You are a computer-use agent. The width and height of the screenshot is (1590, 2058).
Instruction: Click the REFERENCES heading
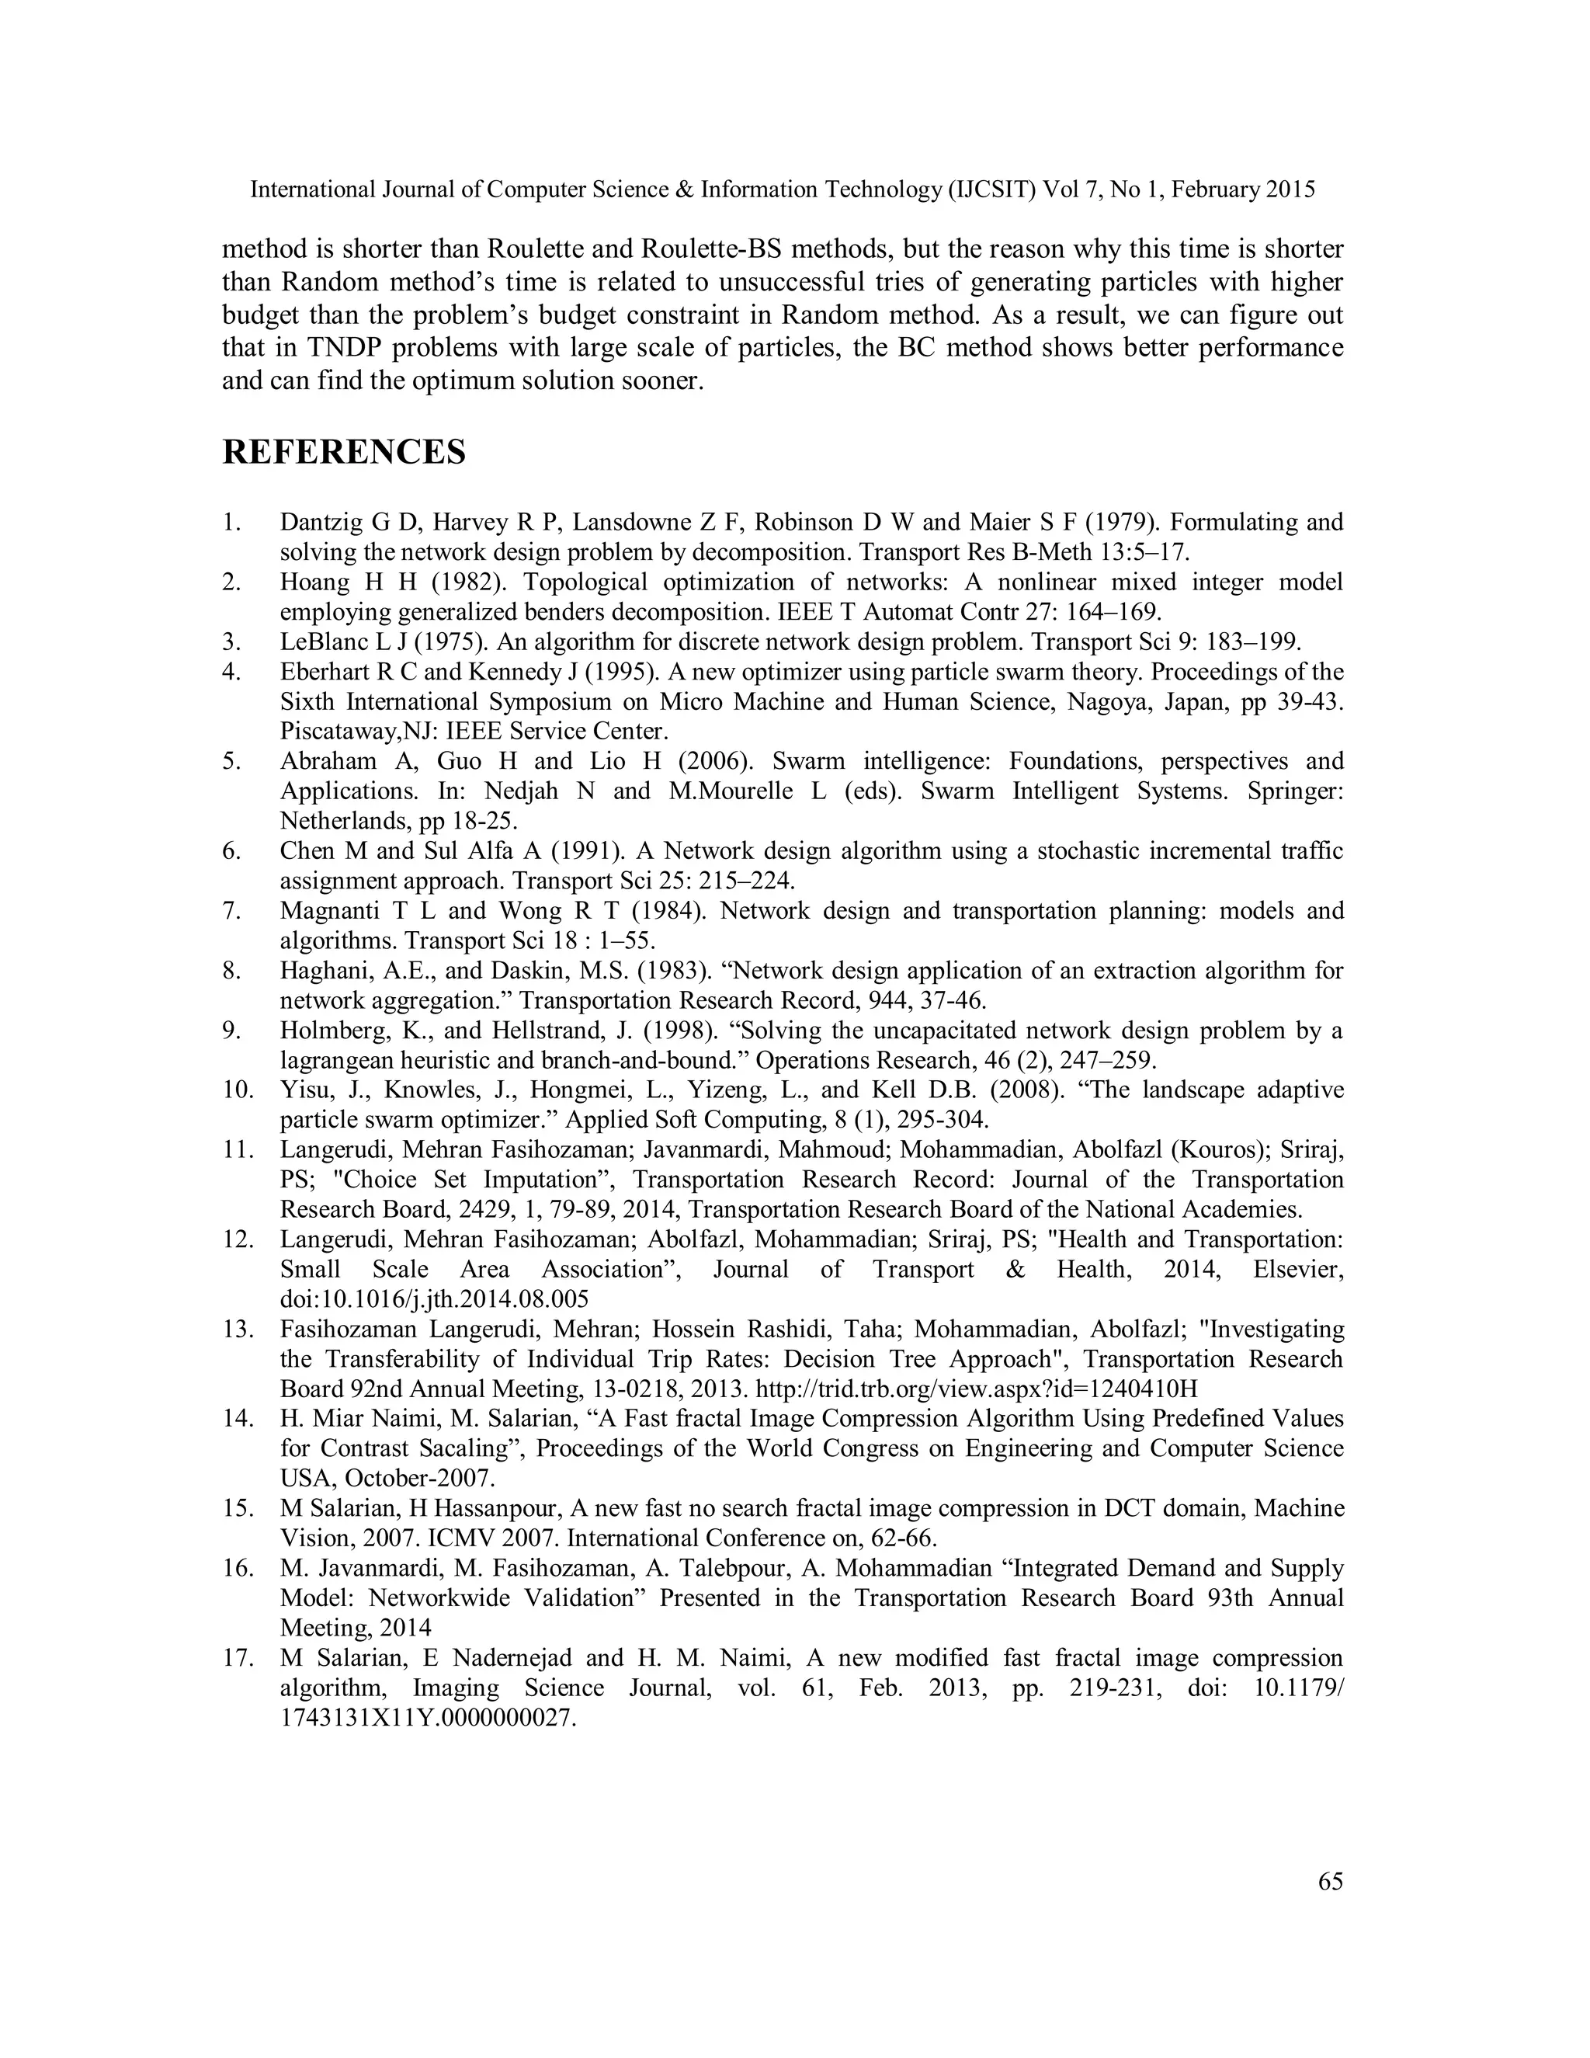(344, 452)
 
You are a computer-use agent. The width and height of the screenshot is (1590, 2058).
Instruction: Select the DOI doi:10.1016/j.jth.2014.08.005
(434, 1299)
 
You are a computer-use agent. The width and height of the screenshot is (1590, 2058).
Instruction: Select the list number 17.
(238, 1659)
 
